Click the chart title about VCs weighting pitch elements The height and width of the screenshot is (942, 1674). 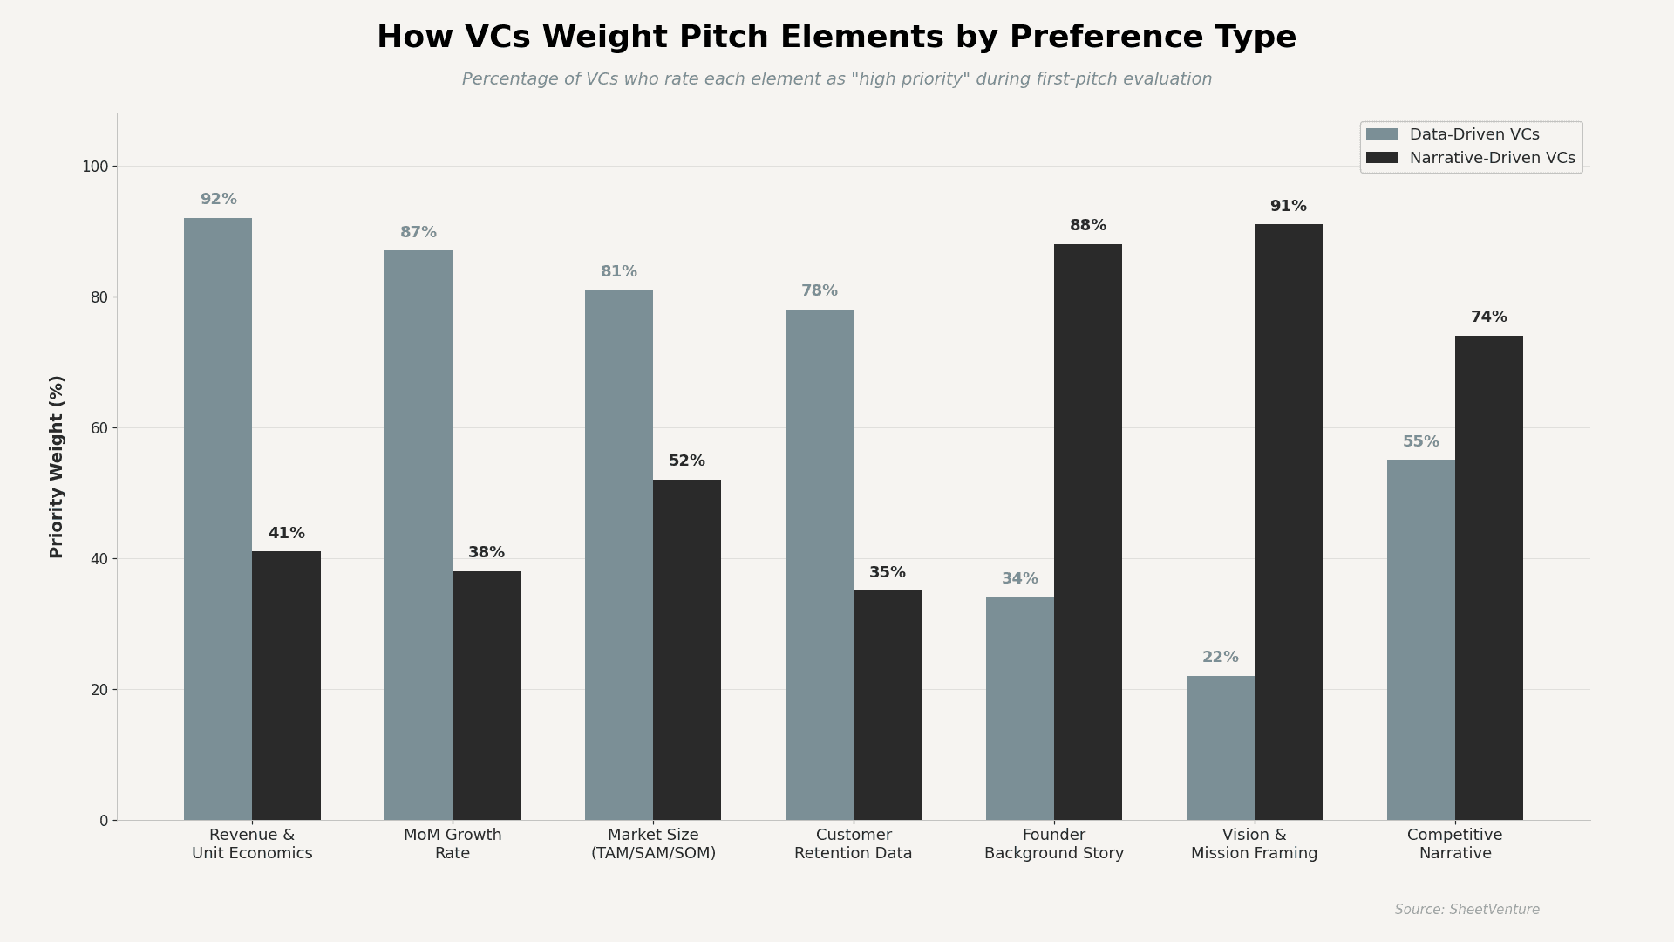click(x=836, y=38)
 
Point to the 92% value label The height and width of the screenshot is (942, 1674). click(x=218, y=200)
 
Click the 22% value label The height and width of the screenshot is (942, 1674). click(x=1220, y=658)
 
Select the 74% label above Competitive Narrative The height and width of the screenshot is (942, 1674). click(x=1488, y=317)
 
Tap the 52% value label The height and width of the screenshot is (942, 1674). click(x=686, y=461)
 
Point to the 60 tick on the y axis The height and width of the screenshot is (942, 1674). click(x=98, y=428)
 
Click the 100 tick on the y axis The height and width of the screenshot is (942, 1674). click(x=94, y=167)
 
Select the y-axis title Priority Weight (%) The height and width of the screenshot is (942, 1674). click(x=58, y=467)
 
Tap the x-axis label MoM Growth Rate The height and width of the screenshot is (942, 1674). click(x=453, y=844)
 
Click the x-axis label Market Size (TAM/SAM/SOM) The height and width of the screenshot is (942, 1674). click(x=653, y=844)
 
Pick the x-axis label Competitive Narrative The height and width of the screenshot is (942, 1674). click(x=1454, y=844)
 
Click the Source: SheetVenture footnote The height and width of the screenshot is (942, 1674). click(x=1466, y=910)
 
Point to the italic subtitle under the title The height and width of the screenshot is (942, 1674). click(x=836, y=79)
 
